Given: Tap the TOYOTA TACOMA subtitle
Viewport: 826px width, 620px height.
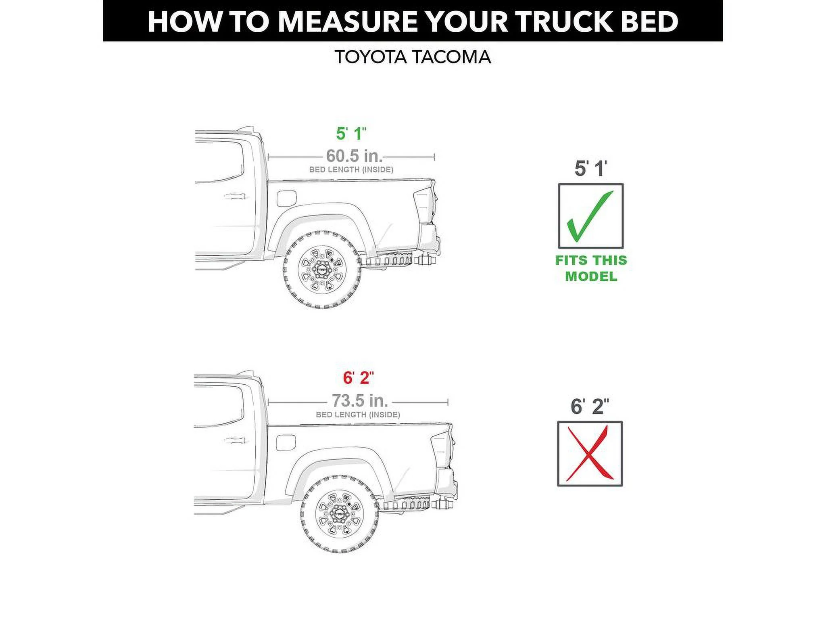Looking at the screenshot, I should tap(413, 57).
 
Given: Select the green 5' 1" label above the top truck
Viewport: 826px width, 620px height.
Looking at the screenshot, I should tap(351, 134).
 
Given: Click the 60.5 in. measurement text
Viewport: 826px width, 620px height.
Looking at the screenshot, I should tap(354, 156).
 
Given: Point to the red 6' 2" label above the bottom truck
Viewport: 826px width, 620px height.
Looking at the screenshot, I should tap(358, 378).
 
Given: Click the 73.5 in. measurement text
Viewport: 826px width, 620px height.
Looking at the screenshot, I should tap(359, 401).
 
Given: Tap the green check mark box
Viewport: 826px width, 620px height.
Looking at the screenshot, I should tap(590, 216).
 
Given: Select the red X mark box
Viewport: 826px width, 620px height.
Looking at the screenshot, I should tap(590, 454).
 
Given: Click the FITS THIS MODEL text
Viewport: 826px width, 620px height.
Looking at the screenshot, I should tap(591, 268).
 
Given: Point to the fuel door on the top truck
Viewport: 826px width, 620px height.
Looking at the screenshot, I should tap(287, 199).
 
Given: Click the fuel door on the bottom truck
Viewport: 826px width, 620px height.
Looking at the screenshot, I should tap(286, 442).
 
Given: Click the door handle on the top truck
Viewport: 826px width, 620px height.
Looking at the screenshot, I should tap(234, 197).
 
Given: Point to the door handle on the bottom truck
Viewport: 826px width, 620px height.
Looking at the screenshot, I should tap(234, 440).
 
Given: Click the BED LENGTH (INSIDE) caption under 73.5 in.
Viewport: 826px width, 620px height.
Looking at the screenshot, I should tap(358, 415).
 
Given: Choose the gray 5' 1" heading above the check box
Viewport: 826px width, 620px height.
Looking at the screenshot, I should tap(590, 169).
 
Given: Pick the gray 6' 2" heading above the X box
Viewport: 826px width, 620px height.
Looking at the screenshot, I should tap(589, 406).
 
